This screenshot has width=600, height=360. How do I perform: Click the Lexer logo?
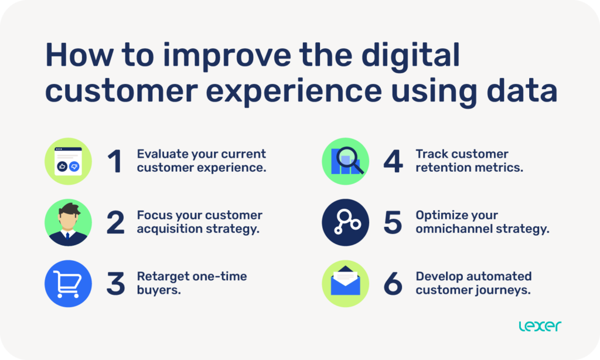(x=540, y=326)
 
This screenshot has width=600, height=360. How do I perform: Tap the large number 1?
(x=115, y=162)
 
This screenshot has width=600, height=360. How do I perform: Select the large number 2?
(x=115, y=223)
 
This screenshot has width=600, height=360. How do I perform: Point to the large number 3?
(x=115, y=284)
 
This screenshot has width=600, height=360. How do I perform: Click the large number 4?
(x=393, y=162)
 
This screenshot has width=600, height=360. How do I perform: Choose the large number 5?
(x=393, y=223)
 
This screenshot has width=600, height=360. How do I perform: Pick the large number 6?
(x=393, y=284)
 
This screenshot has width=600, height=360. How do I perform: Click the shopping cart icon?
(x=69, y=284)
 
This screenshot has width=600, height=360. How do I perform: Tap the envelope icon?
(x=345, y=284)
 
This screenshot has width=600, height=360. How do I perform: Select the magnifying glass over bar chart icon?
(x=345, y=162)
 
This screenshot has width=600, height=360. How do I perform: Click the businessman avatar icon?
(x=69, y=223)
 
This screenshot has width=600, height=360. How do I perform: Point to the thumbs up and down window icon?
(x=69, y=162)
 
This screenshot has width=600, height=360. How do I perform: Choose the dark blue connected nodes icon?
(x=345, y=223)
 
